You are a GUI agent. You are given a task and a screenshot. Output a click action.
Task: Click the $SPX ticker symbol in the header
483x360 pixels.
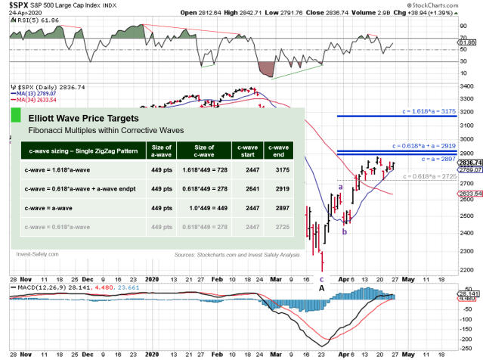pos(20,5)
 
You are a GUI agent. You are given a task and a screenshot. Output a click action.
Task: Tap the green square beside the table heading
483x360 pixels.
pos(15,117)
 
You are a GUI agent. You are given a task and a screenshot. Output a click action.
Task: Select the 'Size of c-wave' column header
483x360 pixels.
pos(203,151)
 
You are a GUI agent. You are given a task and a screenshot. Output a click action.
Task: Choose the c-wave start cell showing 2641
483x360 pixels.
pos(247,190)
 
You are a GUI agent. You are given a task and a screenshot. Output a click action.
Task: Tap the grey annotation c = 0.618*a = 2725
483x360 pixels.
pos(435,176)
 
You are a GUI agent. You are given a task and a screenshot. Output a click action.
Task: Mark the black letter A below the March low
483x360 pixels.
pos(321,288)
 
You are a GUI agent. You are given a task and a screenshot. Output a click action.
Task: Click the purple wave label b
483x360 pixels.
pos(345,231)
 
